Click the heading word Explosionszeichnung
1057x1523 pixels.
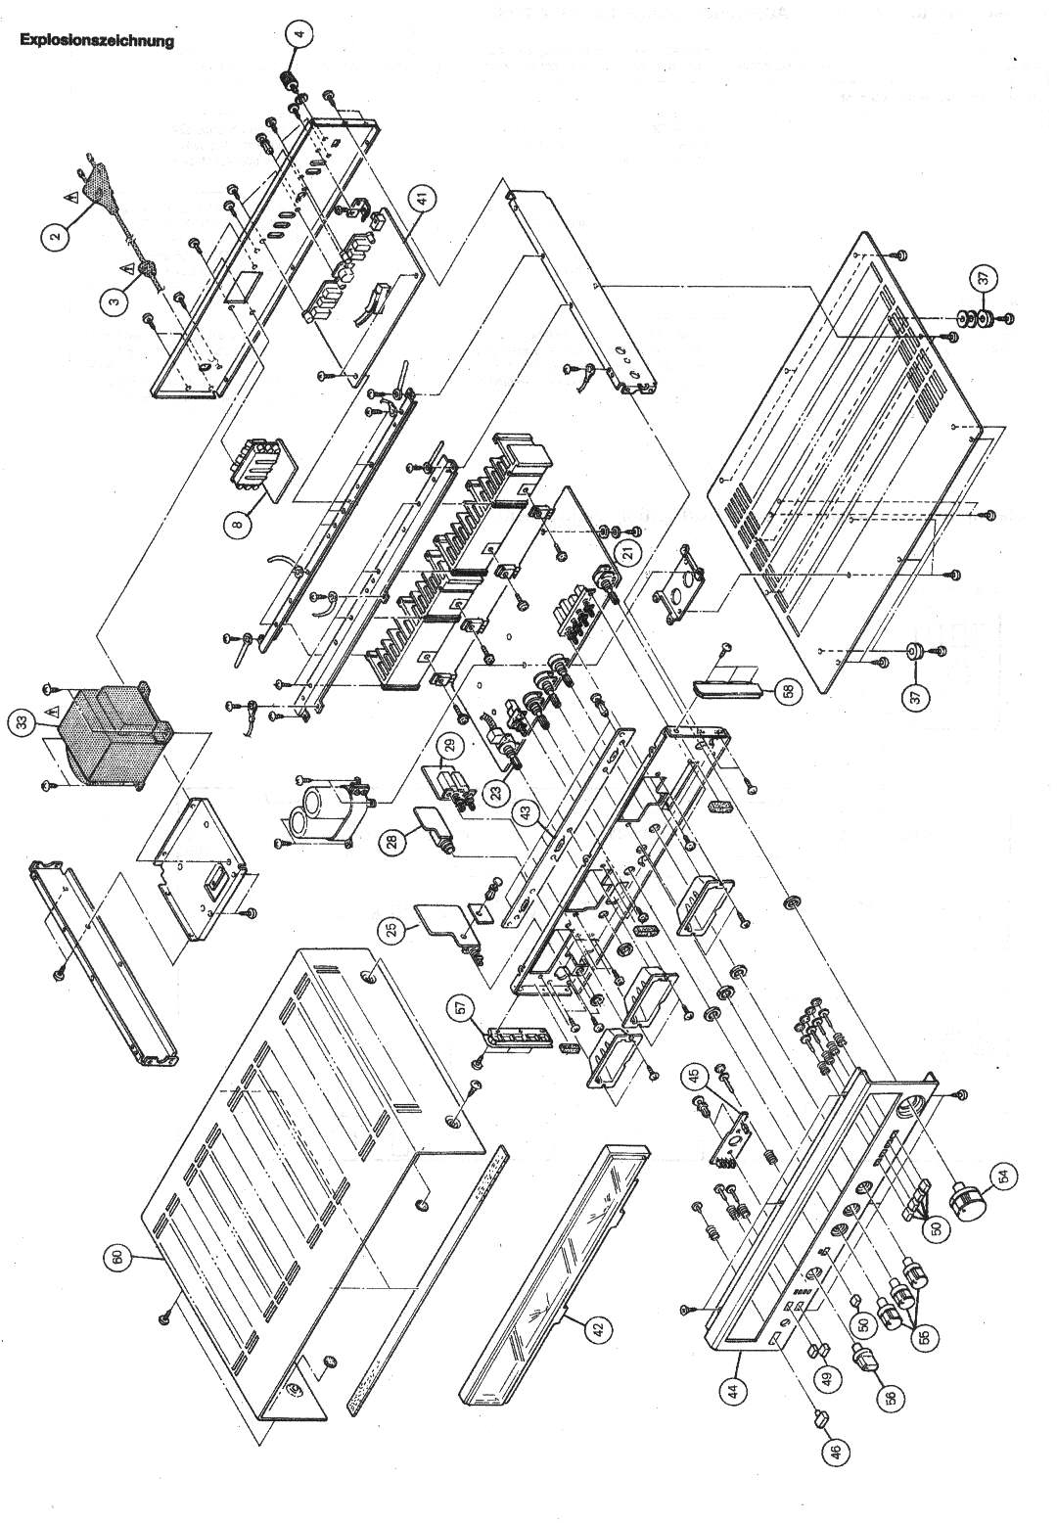[96, 41]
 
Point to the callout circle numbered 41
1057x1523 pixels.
[421, 199]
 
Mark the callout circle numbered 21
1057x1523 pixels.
[627, 552]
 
